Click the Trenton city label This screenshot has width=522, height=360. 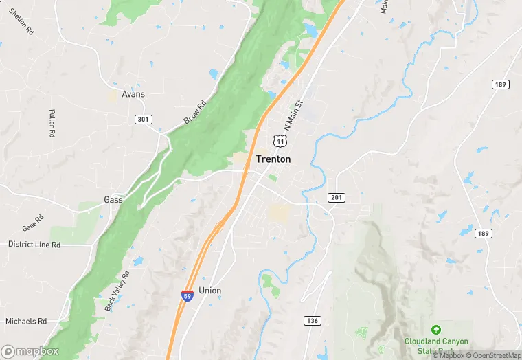click(x=273, y=159)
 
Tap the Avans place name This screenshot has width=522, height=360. click(x=133, y=93)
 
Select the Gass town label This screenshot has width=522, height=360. click(x=113, y=199)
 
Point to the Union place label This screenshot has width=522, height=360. click(x=209, y=291)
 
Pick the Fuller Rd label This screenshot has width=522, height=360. click(x=52, y=124)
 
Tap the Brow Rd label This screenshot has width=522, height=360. click(x=194, y=113)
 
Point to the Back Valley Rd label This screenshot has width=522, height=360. click(x=117, y=290)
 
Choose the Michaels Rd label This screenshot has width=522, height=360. click(x=25, y=321)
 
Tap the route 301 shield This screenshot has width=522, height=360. click(x=142, y=120)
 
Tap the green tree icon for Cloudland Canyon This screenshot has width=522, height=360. click(x=435, y=330)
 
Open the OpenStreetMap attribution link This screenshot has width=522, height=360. click(x=492, y=355)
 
